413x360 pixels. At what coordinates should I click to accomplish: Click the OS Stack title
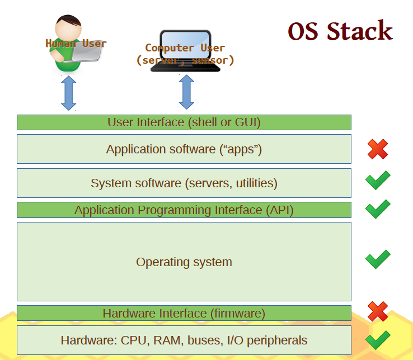[x=340, y=31]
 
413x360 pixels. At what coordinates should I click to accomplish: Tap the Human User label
[x=76, y=44]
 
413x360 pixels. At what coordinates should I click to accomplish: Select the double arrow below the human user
[x=69, y=93]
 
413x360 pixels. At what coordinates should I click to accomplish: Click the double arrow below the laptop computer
[x=186, y=92]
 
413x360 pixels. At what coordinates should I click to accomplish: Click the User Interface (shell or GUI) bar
[x=184, y=122]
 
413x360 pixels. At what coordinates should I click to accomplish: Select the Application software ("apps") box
[x=184, y=149]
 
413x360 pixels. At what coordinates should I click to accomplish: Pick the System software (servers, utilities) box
[x=184, y=183]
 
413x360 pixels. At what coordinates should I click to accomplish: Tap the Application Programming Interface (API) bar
[x=184, y=210]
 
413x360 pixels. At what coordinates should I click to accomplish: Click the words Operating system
[x=184, y=262]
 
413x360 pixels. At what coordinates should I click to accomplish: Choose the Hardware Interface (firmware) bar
[x=184, y=313]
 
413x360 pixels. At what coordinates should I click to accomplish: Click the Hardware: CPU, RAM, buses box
[x=184, y=340]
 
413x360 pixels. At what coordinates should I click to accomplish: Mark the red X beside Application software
[x=378, y=149]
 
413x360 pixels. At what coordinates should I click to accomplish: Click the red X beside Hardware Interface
[x=378, y=311]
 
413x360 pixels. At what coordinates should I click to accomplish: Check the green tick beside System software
[x=378, y=180]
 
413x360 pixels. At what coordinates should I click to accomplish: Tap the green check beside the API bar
[x=378, y=209]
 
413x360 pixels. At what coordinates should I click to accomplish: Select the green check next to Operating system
[x=378, y=259]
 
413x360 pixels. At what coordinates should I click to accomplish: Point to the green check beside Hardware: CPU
[x=378, y=340]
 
